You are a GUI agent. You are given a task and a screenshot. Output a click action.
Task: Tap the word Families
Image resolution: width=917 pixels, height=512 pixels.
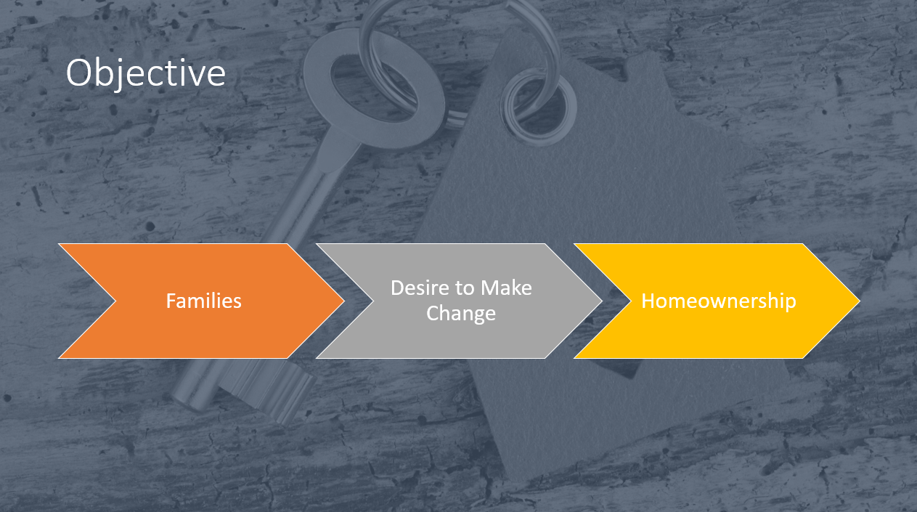pos(203,301)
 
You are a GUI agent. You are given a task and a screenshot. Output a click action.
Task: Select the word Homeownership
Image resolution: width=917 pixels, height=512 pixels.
pos(719,301)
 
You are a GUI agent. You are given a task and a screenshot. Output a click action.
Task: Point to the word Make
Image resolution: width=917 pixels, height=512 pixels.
pos(506,288)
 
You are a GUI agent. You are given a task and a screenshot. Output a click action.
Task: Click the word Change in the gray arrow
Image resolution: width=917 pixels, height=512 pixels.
pos(461,314)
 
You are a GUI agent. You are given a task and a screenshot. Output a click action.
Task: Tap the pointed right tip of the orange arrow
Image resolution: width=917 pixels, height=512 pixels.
pos(344,301)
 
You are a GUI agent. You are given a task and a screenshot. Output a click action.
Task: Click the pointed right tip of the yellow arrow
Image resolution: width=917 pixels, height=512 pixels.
pos(860,301)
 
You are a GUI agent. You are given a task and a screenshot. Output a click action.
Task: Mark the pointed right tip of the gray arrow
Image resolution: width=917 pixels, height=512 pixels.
pos(602,301)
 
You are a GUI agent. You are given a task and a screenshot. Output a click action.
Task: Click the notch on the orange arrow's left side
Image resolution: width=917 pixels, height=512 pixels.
pos(116,301)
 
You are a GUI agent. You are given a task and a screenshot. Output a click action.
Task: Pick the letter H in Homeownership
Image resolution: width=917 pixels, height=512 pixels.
pos(648,301)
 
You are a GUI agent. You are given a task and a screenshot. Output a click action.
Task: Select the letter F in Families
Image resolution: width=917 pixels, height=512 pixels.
pos(171,301)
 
